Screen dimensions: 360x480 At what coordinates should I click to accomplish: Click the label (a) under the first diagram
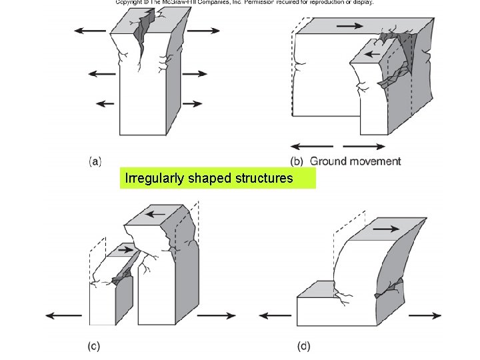coord(95,161)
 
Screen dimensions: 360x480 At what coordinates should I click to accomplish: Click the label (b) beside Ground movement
coord(297,161)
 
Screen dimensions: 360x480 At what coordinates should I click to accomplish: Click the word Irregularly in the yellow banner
coord(151,179)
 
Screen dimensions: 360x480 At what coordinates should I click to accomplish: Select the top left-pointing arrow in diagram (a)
coord(90,31)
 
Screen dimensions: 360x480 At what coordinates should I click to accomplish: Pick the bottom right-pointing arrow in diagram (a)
coord(193,103)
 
